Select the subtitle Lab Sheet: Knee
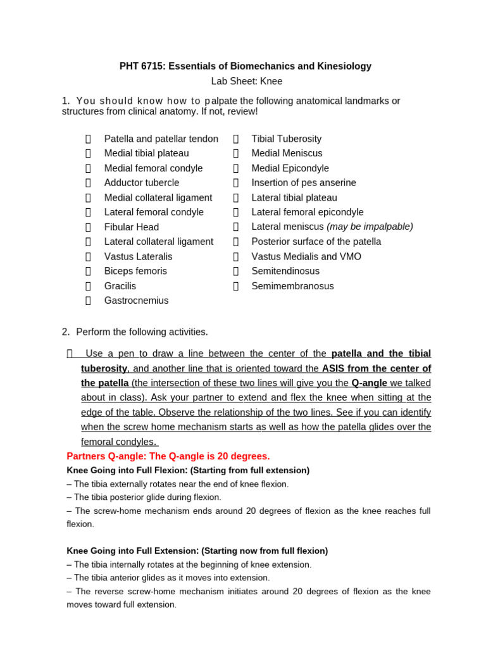pos(246,81)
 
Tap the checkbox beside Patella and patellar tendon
pos(89,139)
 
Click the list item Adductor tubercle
pos(141,183)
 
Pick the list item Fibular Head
pos(131,227)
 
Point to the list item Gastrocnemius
pos(136,301)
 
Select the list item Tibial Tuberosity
pos(286,139)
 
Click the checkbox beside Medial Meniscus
pos(236,153)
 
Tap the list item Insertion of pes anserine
pos(303,183)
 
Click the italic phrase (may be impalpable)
pos(370,227)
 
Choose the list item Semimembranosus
pos(292,286)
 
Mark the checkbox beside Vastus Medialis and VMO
pos(236,256)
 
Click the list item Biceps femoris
pos(135,271)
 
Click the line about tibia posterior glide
pos(144,497)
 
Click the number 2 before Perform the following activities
pos(65,332)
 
